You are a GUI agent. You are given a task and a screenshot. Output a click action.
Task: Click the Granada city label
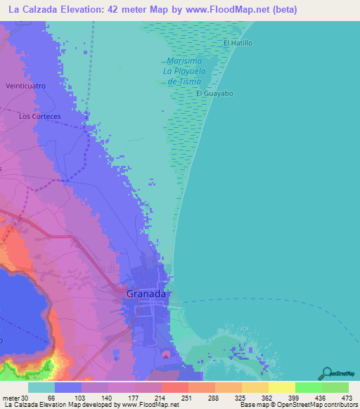tap(146, 294)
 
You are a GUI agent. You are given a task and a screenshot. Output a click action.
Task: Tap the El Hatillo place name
tap(238, 44)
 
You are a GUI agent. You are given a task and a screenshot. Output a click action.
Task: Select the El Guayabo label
tap(214, 93)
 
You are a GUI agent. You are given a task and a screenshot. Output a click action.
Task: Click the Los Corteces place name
tap(40, 116)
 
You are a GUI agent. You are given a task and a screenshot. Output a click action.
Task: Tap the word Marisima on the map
tap(184, 61)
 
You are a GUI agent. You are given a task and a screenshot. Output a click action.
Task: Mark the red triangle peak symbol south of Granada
tap(166, 355)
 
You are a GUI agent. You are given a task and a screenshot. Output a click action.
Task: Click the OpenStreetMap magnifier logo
tap(326, 372)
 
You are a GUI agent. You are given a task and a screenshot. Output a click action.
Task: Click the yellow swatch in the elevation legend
tap(281, 388)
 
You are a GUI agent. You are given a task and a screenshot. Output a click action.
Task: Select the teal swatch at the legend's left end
tap(41, 388)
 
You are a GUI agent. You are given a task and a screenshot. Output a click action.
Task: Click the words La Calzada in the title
tap(33, 10)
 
